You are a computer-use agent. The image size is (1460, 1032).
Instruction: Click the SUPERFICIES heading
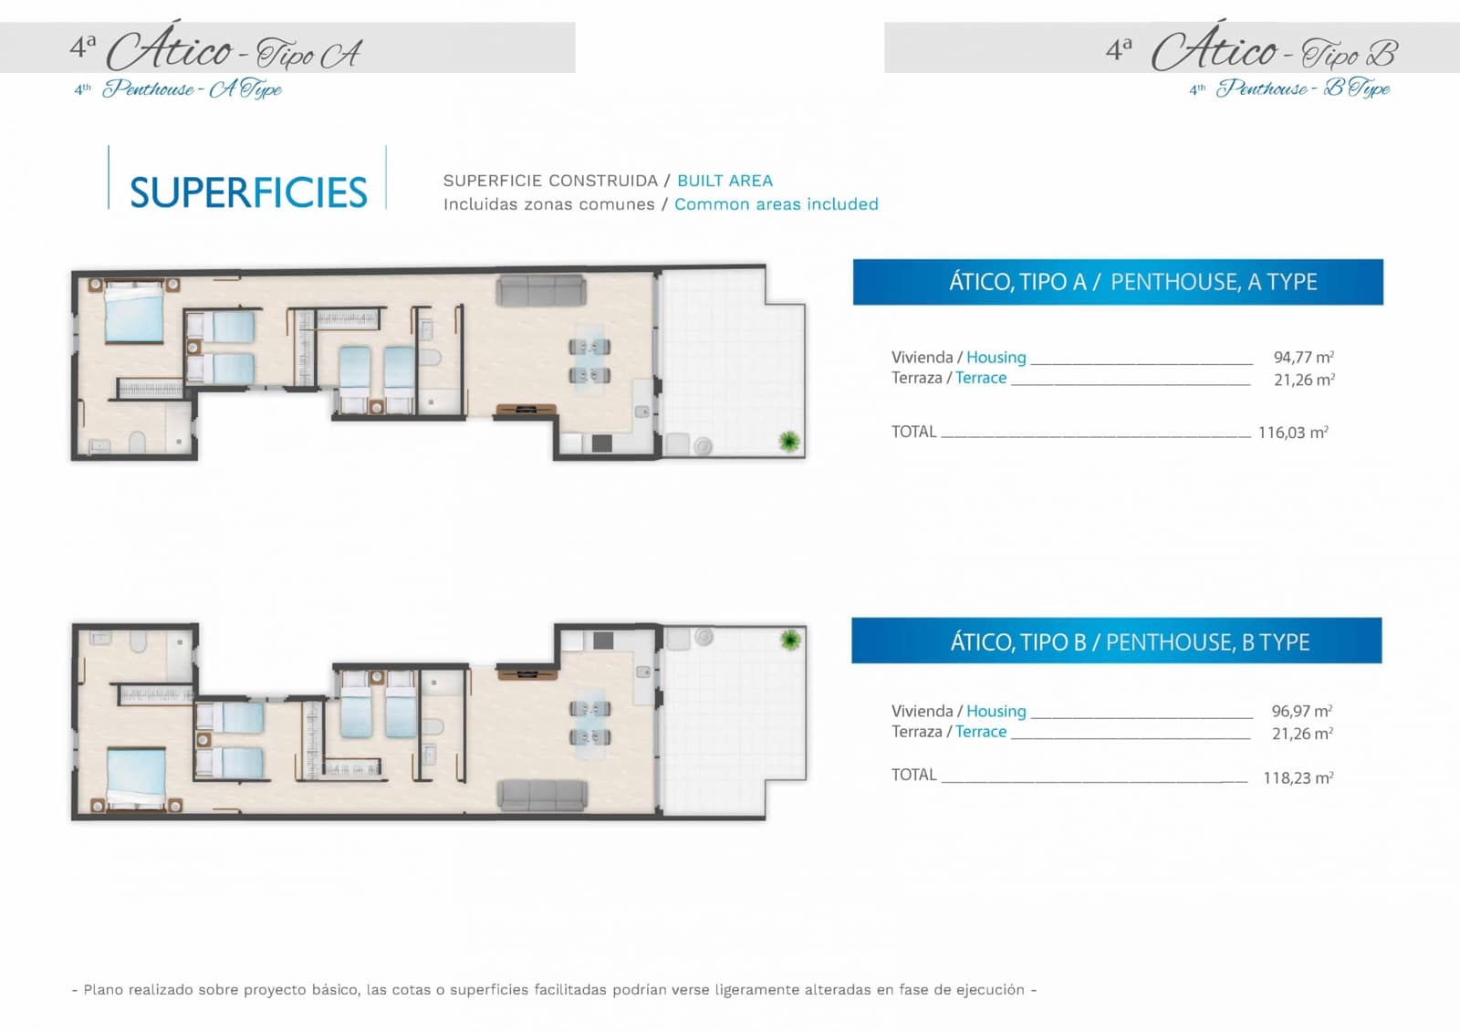[248, 193]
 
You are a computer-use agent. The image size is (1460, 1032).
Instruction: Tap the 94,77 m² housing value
[1303, 357]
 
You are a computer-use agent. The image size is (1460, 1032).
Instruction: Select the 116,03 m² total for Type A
[1293, 433]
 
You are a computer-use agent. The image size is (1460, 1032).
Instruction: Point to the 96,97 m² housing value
[1301, 710]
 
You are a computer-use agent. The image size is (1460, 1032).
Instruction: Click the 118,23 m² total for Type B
[1298, 777]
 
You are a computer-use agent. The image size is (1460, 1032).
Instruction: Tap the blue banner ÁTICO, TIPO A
[1117, 282]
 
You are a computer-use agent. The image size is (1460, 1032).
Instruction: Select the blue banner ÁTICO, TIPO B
[1116, 641]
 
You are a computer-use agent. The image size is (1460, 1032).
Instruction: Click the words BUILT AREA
[725, 181]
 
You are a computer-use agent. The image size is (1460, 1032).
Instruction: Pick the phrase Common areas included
[776, 204]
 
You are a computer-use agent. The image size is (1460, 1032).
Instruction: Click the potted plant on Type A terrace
[789, 443]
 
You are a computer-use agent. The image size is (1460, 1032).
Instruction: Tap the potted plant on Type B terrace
[790, 640]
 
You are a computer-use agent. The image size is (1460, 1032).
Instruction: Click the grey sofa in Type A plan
[540, 291]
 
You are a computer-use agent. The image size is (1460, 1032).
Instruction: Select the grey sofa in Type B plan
[542, 795]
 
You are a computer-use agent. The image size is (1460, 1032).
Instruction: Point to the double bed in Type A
[134, 314]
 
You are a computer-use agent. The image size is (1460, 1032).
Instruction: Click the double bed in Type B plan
[136, 778]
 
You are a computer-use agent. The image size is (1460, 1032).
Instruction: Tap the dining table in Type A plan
[590, 360]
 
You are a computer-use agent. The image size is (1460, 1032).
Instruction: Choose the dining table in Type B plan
[590, 722]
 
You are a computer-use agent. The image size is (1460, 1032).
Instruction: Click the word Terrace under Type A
[981, 378]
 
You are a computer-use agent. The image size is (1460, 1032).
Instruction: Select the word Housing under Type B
[996, 710]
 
